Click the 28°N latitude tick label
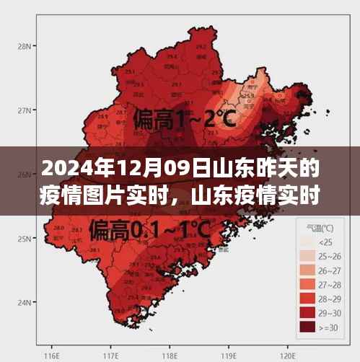coord(22,46)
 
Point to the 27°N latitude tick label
coord(22,110)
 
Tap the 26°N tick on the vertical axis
coord(22,175)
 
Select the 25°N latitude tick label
coord(22,239)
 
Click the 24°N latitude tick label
coord(22,303)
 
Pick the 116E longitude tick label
coord(51,356)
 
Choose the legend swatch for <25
coord(307,242)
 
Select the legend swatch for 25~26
coord(307,257)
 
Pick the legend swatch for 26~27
coord(307,270)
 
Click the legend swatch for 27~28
coord(307,285)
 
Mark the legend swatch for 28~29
coord(307,299)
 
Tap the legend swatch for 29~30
coord(307,313)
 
